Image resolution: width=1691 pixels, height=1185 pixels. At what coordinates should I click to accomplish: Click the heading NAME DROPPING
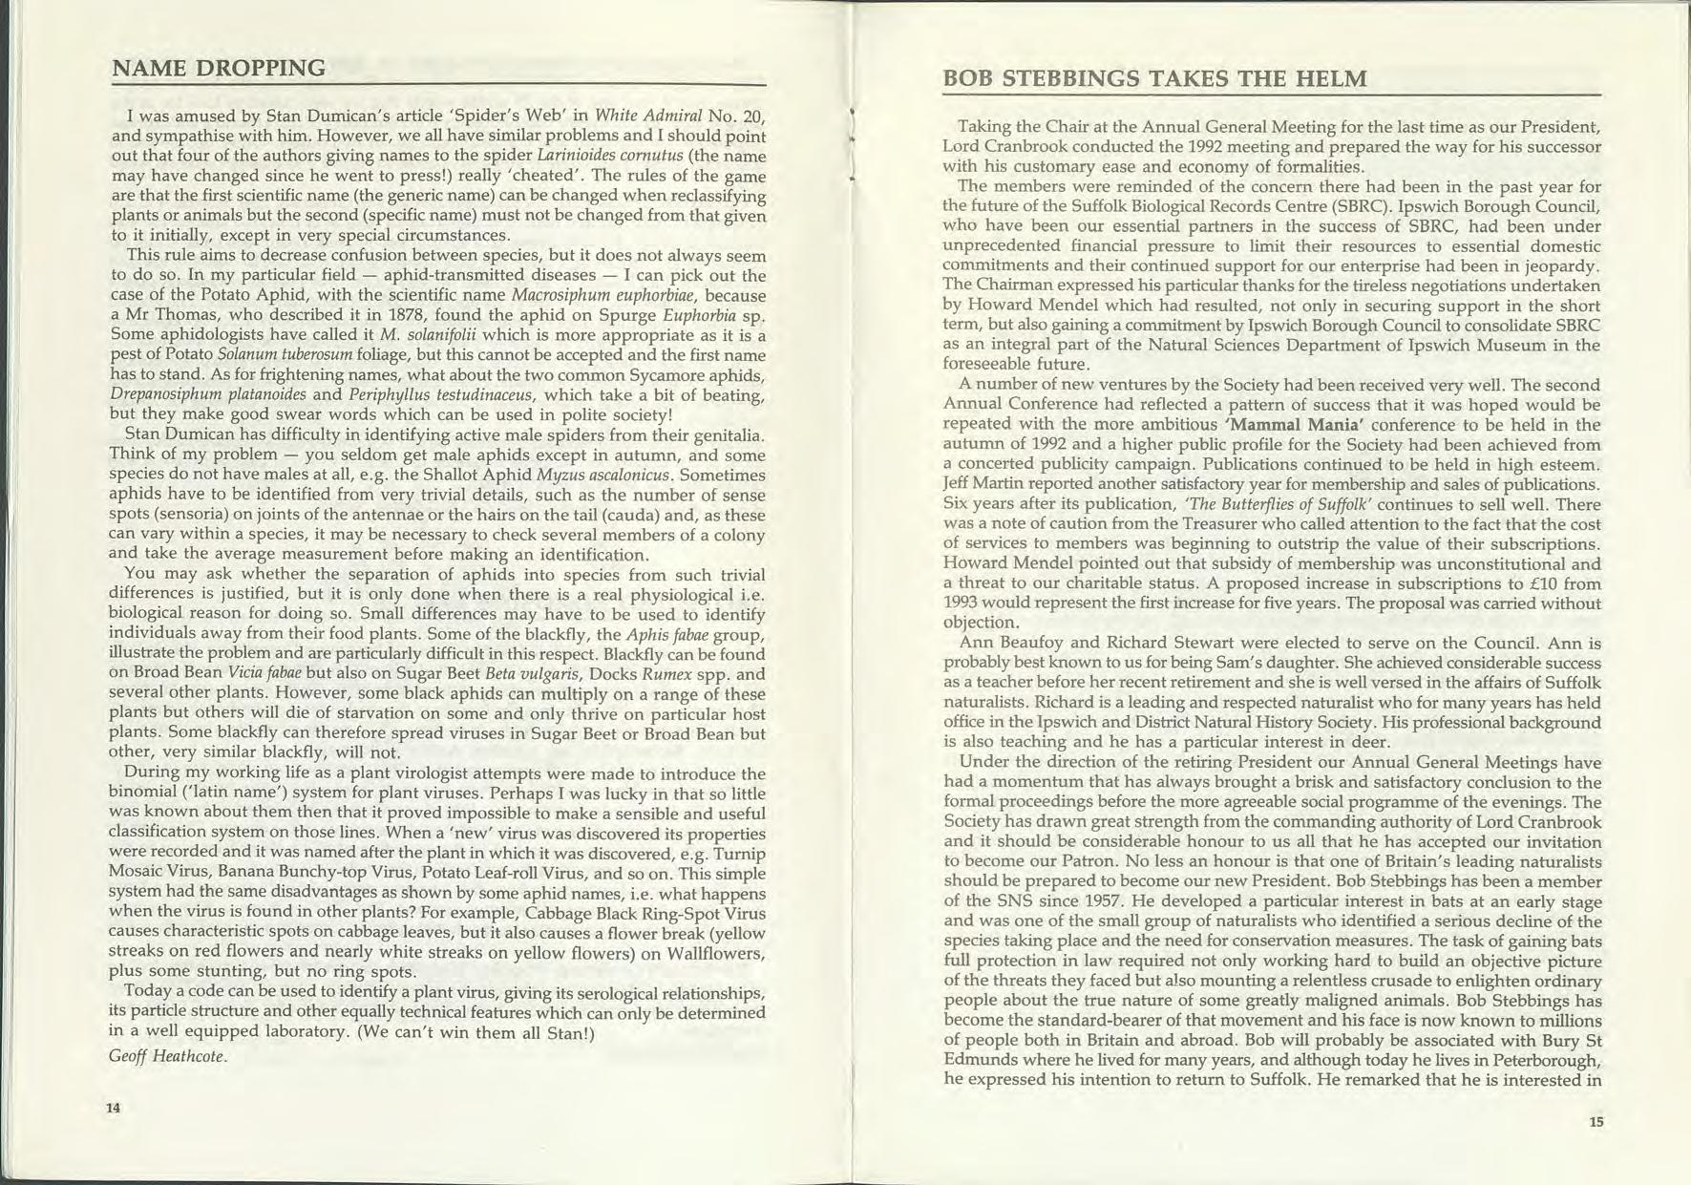pos(219,68)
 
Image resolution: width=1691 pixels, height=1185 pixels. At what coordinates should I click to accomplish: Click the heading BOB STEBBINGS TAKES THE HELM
pos(1154,79)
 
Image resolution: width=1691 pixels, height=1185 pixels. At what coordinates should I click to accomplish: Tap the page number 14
pos(114,1108)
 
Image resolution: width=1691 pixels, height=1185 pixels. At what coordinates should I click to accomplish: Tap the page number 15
pos(1596,1122)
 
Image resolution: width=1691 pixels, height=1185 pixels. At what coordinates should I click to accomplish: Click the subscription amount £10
pos(1526,583)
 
